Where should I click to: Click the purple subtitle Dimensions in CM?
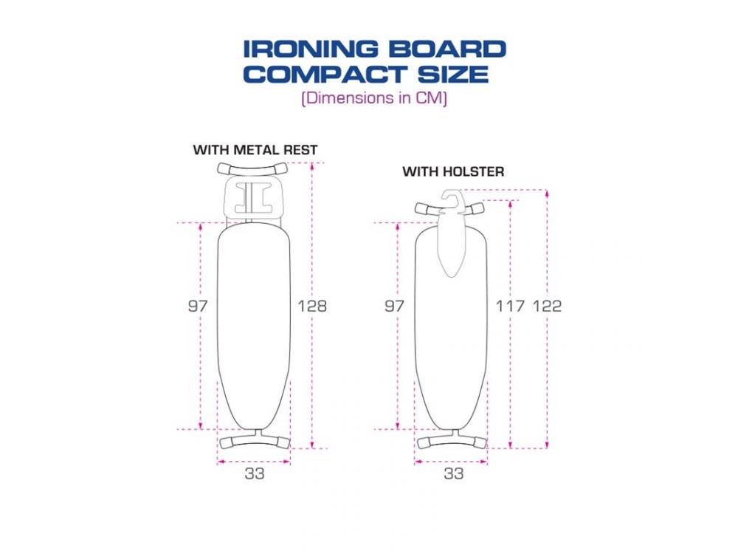click(x=374, y=98)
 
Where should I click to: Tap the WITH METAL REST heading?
click(x=255, y=150)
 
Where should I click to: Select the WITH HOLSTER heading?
click(x=453, y=171)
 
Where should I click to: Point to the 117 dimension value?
click(x=509, y=306)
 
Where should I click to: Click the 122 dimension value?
click(x=546, y=306)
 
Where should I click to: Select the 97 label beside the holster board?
click(x=395, y=306)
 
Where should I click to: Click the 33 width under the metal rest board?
click(x=255, y=474)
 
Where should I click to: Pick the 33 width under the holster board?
click(x=453, y=474)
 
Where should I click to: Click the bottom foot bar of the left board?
click(x=255, y=441)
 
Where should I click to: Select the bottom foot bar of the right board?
click(x=452, y=442)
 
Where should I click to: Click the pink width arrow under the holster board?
click(x=452, y=462)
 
